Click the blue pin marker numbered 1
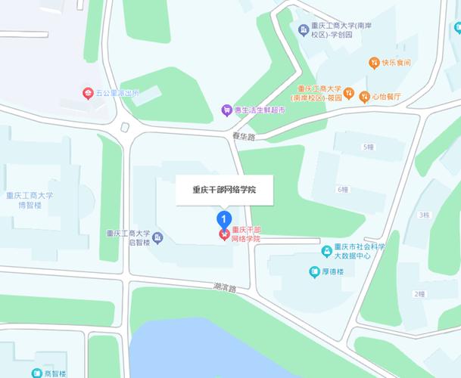click(223, 219)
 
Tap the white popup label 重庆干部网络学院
click(224, 191)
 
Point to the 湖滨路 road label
click(225, 288)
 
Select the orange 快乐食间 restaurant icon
click(374, 62)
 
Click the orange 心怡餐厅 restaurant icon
click(365, 96)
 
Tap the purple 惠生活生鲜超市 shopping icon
click(226, 110)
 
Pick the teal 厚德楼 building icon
click(313, 271)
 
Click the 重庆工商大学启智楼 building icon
click(157, 238)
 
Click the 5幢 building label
click(369, 147)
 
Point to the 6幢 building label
click(343, 189)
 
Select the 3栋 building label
click(424, 215)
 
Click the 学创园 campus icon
click(303, 29)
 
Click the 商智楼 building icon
click(36, 373)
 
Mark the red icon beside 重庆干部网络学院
click(223, 234)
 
